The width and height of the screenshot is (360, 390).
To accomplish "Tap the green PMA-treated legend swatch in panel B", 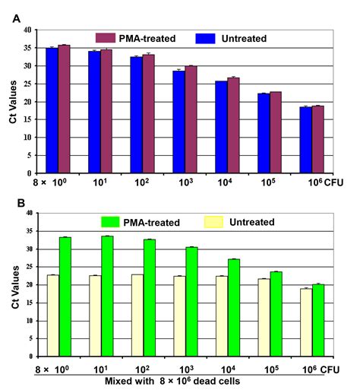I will (x=113, y=222).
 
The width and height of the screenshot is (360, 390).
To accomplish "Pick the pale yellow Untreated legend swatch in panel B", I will (x=219, y=222).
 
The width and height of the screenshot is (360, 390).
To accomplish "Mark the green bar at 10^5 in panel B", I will (x=276, y=313).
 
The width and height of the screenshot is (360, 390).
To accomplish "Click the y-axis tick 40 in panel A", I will (x=29, y=30).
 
